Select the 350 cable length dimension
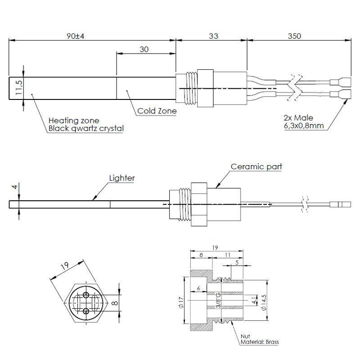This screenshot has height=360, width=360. (x=294, y=36)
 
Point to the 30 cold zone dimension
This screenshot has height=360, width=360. (x=144, y=49)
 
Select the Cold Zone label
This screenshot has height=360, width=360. (x=157, y=110)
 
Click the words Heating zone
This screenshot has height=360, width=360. (x=74, y=121)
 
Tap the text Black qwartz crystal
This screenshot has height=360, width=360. (x=86, y=128)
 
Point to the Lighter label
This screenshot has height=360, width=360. (x=122, y=178)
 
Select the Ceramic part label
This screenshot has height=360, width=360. (x=256, y=166)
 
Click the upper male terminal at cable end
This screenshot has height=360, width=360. (x=340, y=82)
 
